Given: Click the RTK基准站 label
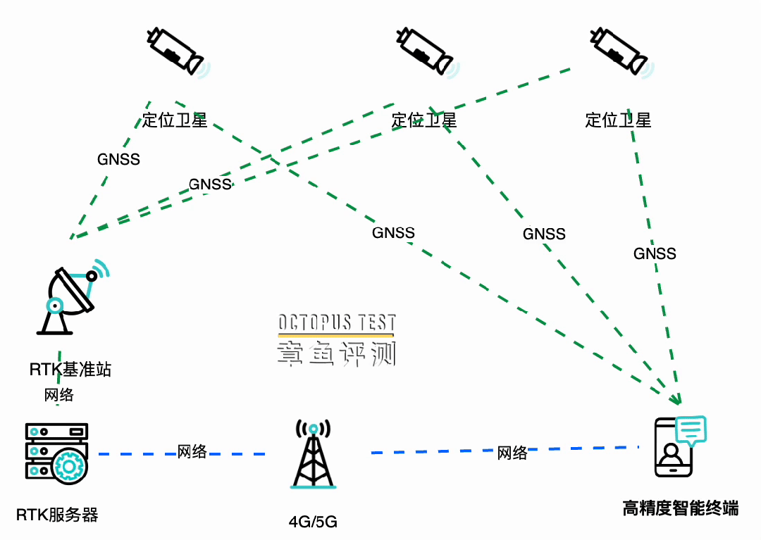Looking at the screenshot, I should click(x=70, y=370).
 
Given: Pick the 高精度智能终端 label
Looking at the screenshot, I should click(x=681, y=508).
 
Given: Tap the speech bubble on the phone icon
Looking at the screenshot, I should click(x=691, y=429).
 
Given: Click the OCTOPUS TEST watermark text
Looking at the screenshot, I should click(x=337, y=323).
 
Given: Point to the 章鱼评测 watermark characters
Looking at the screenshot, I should click(x=337, y=353).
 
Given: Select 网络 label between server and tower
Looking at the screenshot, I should click(x=192, y=451).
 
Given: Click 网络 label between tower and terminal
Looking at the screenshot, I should click(x=512, y=453).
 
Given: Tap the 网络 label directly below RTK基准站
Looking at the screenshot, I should click(x=59, y=394).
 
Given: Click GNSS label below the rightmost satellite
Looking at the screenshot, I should click(x=655, y=253).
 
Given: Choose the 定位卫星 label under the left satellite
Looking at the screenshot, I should click(x=175, y=120).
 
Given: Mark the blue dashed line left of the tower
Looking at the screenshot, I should click(x=134, y=454).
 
